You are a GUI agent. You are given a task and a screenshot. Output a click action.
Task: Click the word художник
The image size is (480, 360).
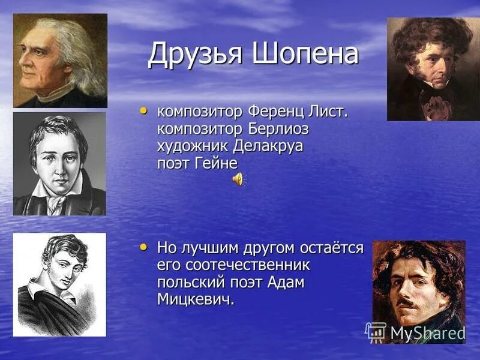coord(192,146)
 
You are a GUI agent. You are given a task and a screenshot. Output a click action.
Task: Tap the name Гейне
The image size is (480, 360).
coord(216,163)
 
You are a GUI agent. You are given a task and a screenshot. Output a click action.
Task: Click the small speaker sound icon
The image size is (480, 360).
coord(238,179)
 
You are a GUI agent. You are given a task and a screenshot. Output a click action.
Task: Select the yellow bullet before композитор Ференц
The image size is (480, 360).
coord(143,110)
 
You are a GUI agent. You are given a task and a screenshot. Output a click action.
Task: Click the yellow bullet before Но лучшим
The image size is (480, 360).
coord(143,246)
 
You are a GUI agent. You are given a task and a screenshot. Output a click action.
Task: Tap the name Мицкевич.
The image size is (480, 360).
coord(195,299)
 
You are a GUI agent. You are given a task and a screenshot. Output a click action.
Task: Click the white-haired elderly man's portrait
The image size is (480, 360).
coord(60,61)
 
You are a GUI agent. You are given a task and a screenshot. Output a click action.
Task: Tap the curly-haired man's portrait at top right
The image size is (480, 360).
coord(433,69)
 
